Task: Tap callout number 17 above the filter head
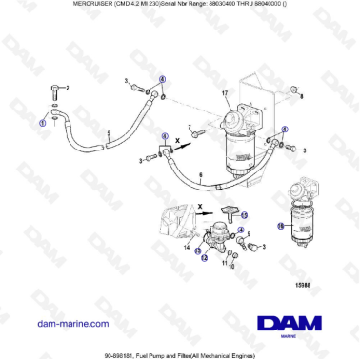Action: tap(225, 91)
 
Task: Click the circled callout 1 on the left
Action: tap(41, 123)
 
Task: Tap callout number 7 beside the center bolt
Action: tap(190, 127)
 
